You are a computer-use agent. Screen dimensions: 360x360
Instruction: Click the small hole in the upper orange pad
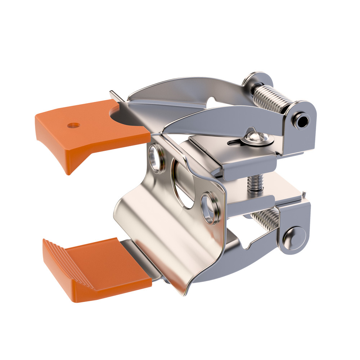74,125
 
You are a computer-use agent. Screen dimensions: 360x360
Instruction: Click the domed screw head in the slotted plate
254,138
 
